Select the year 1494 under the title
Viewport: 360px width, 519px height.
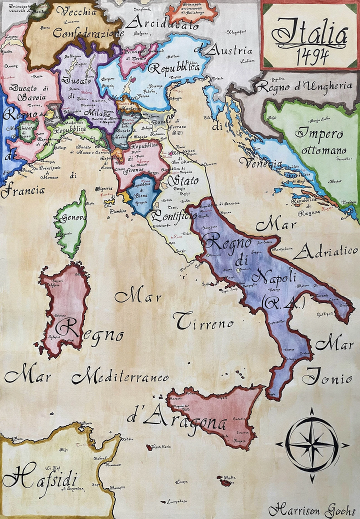(311, 56)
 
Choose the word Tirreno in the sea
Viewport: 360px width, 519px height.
(204, 322)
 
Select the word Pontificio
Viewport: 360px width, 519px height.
(174, 216)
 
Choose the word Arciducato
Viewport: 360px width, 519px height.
(155, 22)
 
